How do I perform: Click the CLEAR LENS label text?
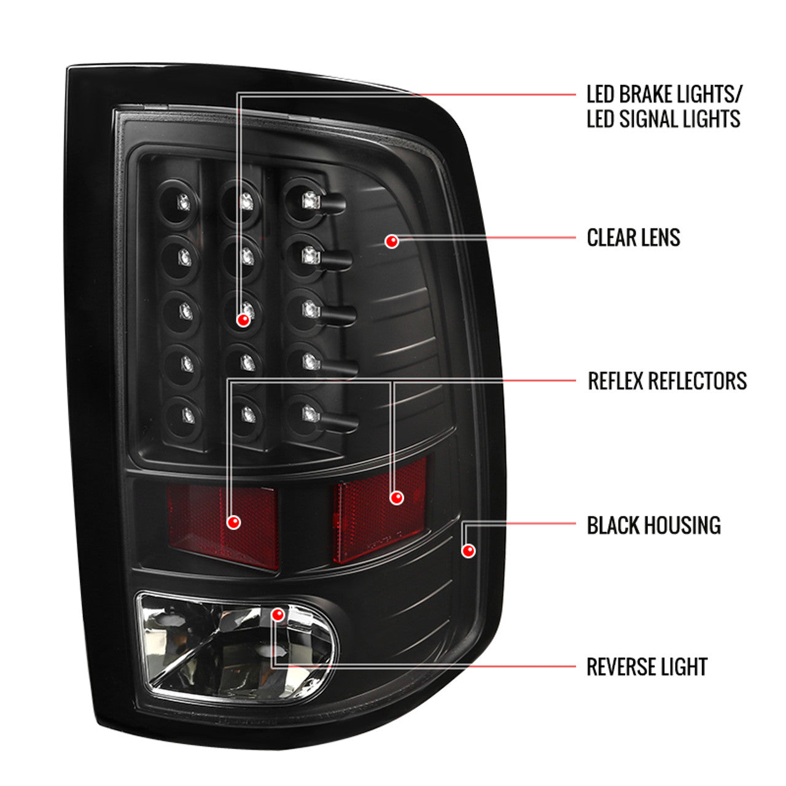pos(633,238)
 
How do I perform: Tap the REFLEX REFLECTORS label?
pos(667,381)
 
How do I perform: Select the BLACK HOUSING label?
pos(653,526)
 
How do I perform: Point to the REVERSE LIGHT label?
pos(647,667)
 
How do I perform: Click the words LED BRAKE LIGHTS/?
pos(664,95)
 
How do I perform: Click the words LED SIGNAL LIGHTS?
pos(663,119)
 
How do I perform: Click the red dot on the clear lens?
pos(392,241)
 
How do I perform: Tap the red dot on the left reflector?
pos(233,522)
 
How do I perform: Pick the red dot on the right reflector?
pos(397,497)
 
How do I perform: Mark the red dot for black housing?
pos(469,550)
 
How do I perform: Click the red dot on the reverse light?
pos(278,614)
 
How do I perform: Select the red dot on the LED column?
pos(244,319)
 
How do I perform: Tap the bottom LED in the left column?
pos(187,415)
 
